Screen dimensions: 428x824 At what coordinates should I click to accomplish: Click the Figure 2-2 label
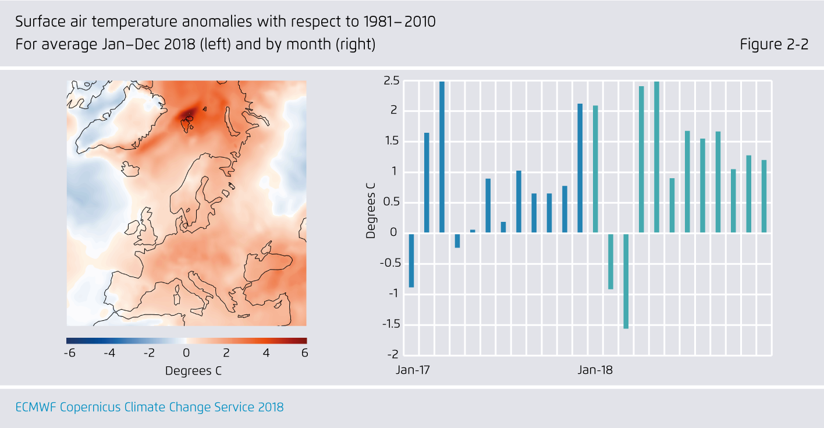coord(774,45)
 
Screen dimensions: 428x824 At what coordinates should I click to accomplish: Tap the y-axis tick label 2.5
coord(391,80)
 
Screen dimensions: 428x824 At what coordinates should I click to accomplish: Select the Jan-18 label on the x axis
coord(595,370)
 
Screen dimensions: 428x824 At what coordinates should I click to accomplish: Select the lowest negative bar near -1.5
coord(626,281)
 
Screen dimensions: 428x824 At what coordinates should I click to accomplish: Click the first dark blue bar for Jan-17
coord(411,260)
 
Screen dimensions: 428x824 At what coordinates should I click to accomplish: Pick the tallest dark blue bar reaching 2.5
coord(442,157)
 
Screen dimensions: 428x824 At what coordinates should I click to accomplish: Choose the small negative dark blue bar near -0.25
coord(457,240)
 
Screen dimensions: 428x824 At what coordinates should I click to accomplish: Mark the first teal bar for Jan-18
coord(595,169)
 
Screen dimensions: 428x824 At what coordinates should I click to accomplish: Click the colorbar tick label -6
coord(70,353)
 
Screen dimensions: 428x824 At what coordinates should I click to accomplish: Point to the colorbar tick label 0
coord(186,353)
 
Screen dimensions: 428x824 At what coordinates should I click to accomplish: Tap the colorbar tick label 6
coord(304,353)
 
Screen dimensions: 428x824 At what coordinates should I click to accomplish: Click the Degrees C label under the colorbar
coord(193,371)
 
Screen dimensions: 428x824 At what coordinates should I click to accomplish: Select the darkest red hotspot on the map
coord(189,114)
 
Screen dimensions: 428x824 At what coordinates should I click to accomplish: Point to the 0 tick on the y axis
coord(393,233)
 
